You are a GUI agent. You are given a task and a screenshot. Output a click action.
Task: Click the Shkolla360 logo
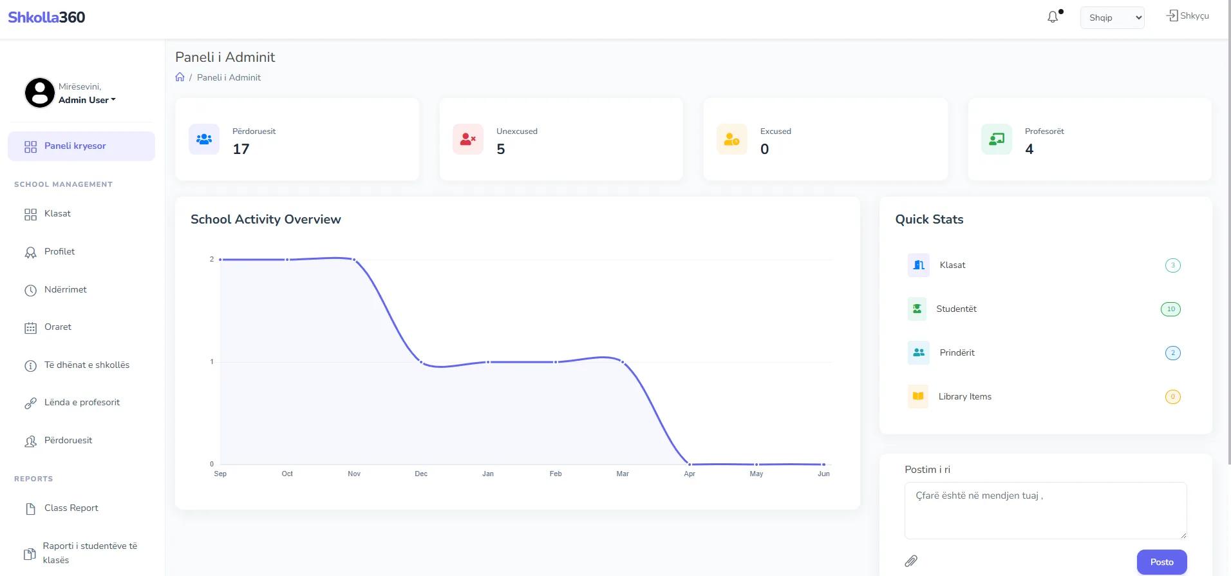click(x=46, y=17)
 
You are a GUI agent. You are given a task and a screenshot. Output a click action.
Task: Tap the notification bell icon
click(x=1053, y=17)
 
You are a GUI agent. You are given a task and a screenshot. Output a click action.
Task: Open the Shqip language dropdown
click(x=1112, y=17)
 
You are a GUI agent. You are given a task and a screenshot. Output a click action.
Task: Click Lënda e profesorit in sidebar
click(x=81, y=403)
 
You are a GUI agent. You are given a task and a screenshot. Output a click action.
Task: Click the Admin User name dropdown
click(x=87, y=100)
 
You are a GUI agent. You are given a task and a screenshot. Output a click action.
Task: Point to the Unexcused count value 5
click(x=501, y=149)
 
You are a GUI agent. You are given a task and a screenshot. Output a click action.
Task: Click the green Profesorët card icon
click(x=997, y=139)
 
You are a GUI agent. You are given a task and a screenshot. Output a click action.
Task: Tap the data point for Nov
click(x=354, y=260)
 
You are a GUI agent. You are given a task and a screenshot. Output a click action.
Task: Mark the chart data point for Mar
click(x=623, y=362)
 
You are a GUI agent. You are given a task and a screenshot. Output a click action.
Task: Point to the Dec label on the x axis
click(x=421, y=474)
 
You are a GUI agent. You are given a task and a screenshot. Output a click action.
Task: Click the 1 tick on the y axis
click(x=212, y=362)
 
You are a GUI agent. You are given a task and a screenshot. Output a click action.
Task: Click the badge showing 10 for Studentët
click(x=1170, y=309)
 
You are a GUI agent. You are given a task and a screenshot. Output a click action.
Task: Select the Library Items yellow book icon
click(x=918, y=396)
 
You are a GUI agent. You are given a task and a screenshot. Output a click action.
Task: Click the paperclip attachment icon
click(x=911, y=561)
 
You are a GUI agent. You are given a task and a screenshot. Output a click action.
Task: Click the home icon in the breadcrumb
click(x=180, y=77)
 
